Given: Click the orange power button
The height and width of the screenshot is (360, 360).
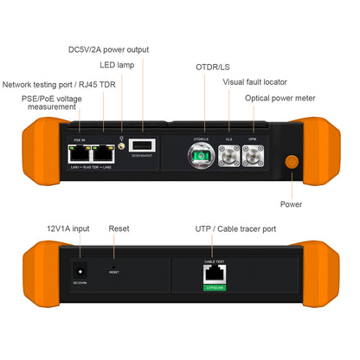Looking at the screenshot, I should (x=291, y=161).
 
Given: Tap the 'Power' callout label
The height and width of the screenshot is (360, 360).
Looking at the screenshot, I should (x=291, y=204).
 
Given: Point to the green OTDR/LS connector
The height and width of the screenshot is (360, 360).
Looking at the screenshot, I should (x=201, y=157).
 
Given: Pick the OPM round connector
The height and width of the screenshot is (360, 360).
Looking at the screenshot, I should (x=252, y=157).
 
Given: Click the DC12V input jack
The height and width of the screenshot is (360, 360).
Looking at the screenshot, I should (x=80, y=269).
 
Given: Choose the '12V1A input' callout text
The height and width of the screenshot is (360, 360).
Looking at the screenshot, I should (x=67, y=228).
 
